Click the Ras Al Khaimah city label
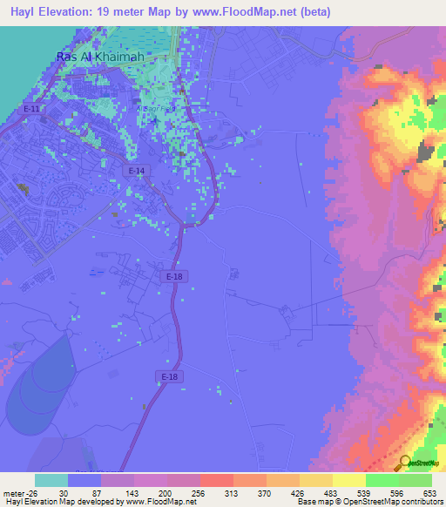99,56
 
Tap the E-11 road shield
31,109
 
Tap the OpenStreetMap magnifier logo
405,463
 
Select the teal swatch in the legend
51,480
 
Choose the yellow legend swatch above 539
348,480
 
